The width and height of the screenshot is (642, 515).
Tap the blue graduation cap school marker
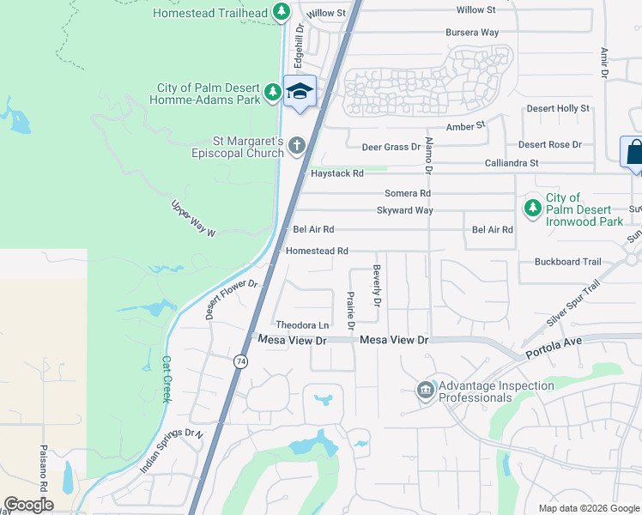point(300,91)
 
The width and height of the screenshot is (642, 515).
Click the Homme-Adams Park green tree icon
point(272,91)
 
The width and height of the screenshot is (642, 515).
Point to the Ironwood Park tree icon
point(532,207)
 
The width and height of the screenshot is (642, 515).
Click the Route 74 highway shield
point(239,362)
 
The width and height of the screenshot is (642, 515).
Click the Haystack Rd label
point(337,173)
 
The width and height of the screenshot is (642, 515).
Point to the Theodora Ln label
point(302,325)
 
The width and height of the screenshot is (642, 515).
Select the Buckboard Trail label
point(567,262)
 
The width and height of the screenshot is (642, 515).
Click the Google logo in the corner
point(28,504)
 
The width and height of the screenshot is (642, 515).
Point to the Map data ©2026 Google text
point(589,508)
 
